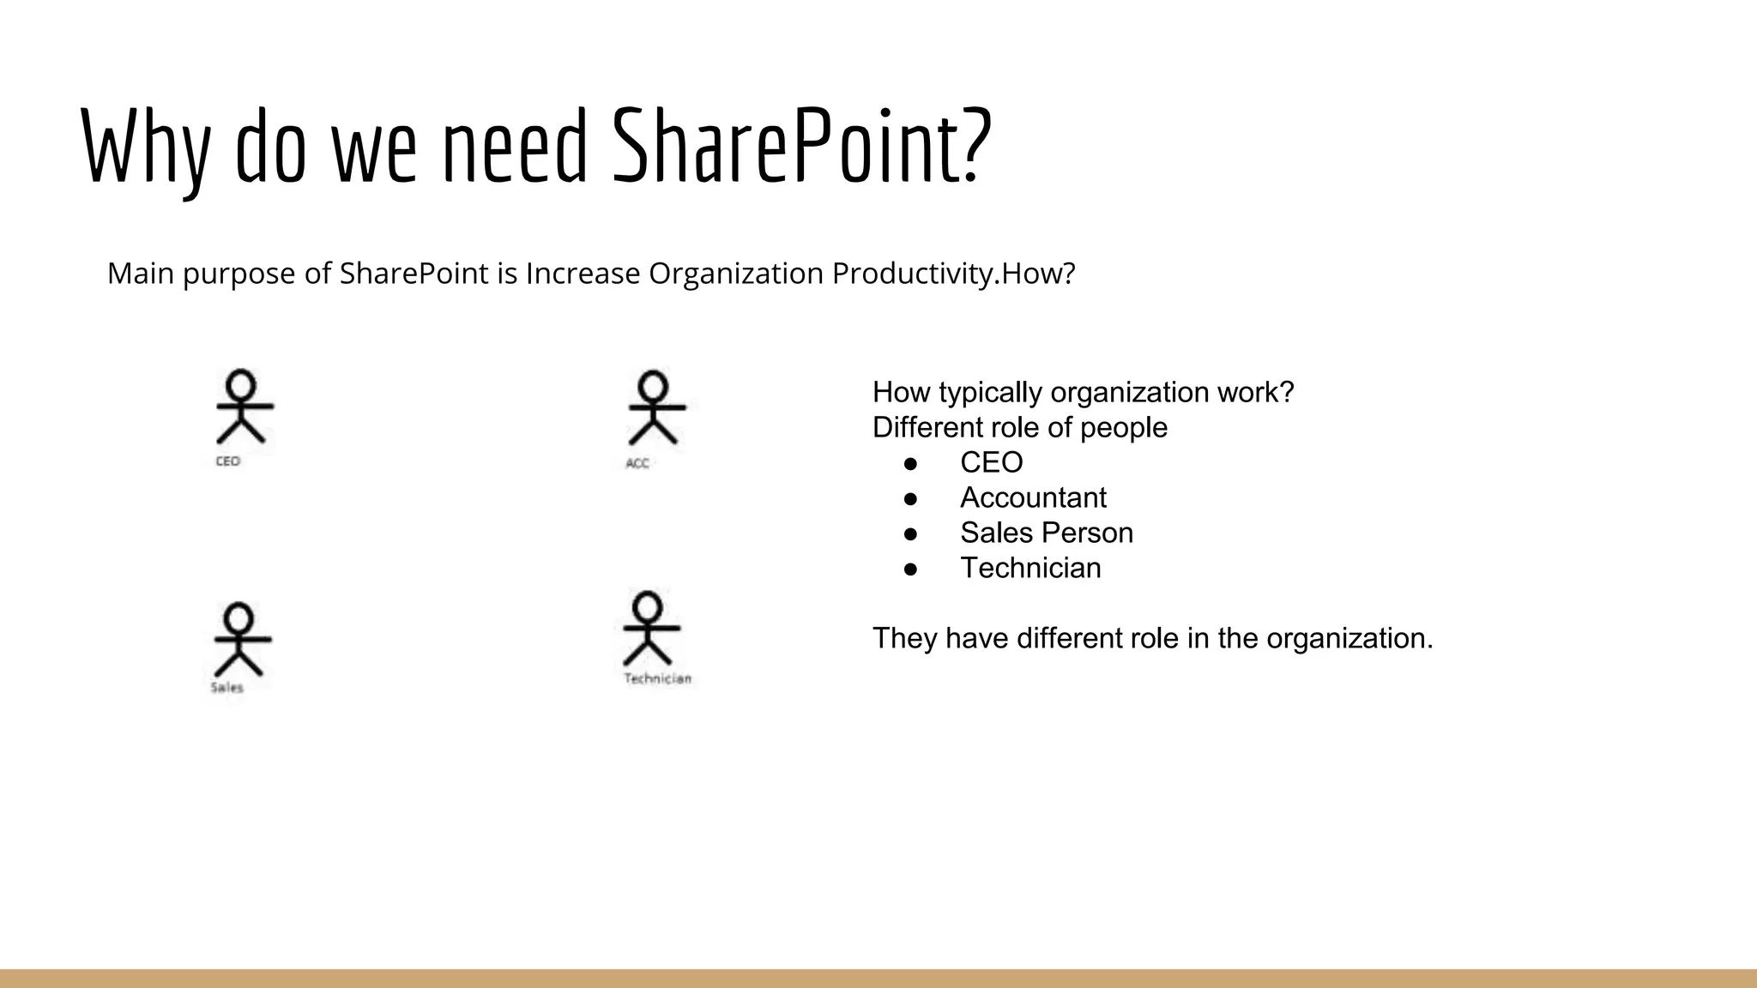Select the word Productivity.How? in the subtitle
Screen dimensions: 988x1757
[x=953, y=274]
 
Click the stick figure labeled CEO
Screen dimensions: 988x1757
[x=243, y=407]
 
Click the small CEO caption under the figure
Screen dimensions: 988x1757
[x=227, y=461]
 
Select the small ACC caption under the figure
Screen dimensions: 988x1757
[x=637, y=464]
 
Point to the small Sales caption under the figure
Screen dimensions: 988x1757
[x=227, y=688]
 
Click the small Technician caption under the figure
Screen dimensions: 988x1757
[x=657, y=679]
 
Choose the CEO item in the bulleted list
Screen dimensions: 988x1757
[x=991, y=462]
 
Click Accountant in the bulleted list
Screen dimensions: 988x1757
[x=1033, y=497]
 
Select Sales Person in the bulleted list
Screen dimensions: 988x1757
[x=1046, y=533]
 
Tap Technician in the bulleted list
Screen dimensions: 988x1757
[x=1030, y=568]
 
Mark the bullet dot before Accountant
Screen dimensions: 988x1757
[x=911, y=498]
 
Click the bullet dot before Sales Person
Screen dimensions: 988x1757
[x=911, y=533]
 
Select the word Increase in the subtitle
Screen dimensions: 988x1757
[x=583, y=274]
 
